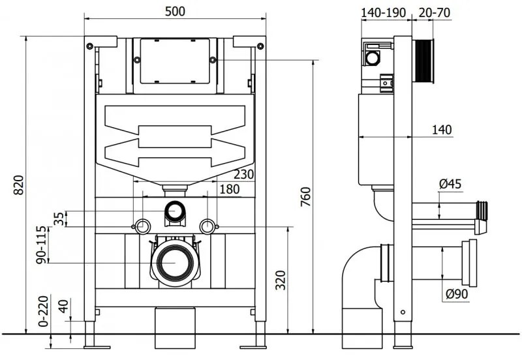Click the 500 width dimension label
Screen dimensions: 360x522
pos(175,12)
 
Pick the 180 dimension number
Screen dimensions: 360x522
pos(228,189)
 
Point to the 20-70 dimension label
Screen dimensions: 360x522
pos(433,12)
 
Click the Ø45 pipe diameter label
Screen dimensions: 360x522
pos(450,185)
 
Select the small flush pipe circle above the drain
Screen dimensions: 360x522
pos(174,211)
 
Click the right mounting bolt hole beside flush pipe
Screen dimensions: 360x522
pos(207,226)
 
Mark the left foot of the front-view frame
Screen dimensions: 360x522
pos(89,340)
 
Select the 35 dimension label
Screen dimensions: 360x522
pos(59,218)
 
